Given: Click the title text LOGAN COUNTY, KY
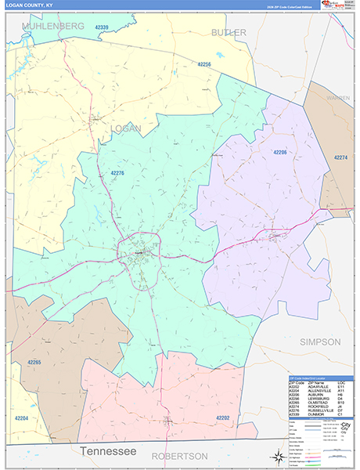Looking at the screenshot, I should [x=27, y=7].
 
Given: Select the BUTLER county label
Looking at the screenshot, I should [x=229, y=32].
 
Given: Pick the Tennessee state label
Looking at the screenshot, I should [x=108, y=452].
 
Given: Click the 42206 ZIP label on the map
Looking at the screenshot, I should [x=279, y=152].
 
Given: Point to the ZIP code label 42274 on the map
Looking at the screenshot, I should [x=341, y=158].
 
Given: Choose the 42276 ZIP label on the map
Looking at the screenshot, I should [x=117, y=172].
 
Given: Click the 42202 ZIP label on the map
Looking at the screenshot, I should [x=222, y=418].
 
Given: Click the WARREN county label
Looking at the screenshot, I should [x=338, y=99].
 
